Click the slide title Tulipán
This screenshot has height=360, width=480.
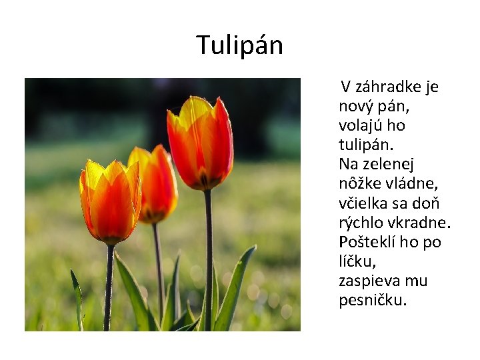[x=240, y=45]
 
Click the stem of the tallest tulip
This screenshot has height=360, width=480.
[x=208, y=260]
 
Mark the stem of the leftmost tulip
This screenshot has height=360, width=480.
[x=109, y=287]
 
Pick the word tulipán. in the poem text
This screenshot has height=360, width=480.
[x=366, y=145]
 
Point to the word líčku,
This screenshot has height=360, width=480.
[x=357, y=261]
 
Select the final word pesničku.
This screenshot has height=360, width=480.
[x=372, y=299]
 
